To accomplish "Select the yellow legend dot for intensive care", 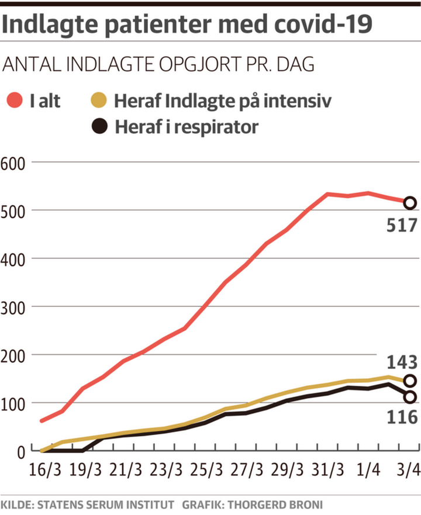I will [x=100, y=101].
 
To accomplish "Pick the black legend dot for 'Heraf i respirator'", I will [x=100, y=126].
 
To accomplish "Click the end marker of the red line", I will [x=410, y=203].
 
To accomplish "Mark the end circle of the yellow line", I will [x=410, y=381].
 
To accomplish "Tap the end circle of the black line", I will [x=410, y=398].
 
